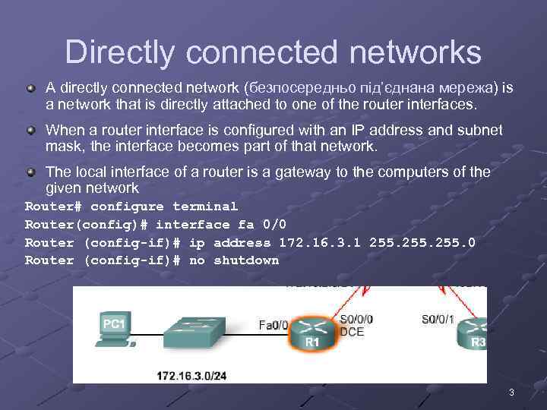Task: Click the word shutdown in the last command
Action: pos(246,260)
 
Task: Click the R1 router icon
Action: pos(313,333)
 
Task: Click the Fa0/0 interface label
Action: pos(273,325)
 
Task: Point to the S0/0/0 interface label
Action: pos(357,320)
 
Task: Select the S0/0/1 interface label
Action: pos(438,320)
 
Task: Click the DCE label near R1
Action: pos(353,332)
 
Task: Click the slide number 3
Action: pos(511,393)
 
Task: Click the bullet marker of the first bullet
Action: pos(30,89)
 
